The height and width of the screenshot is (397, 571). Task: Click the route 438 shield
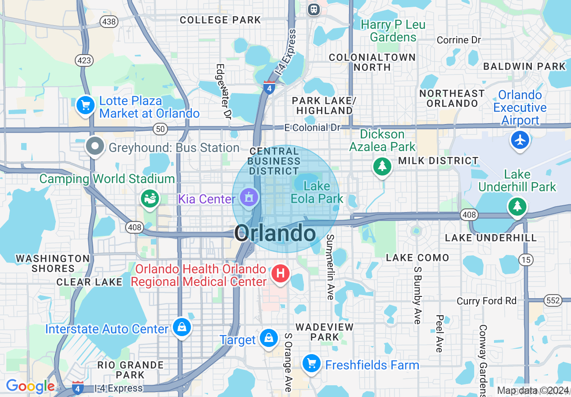coord(108,21)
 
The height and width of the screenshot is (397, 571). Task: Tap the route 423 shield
coord(84,60)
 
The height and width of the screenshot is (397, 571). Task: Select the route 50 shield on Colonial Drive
coord(160,129)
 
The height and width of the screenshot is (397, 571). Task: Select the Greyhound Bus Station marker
coord(95,146)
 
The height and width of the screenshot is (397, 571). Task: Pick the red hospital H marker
coord(280,273)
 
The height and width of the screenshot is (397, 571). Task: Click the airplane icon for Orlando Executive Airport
coord(520,140)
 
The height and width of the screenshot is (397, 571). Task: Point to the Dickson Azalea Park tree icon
coord(382,166)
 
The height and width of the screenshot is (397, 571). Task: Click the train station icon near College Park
coord(314,9)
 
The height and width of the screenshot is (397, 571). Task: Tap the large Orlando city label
coord(275,233)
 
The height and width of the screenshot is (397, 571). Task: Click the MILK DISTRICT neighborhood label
coord(438,161)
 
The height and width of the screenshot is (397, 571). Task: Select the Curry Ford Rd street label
coord(486,301)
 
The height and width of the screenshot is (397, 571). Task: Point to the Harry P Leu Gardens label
coord(393,31)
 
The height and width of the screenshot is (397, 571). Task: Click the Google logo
coord(30,387)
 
